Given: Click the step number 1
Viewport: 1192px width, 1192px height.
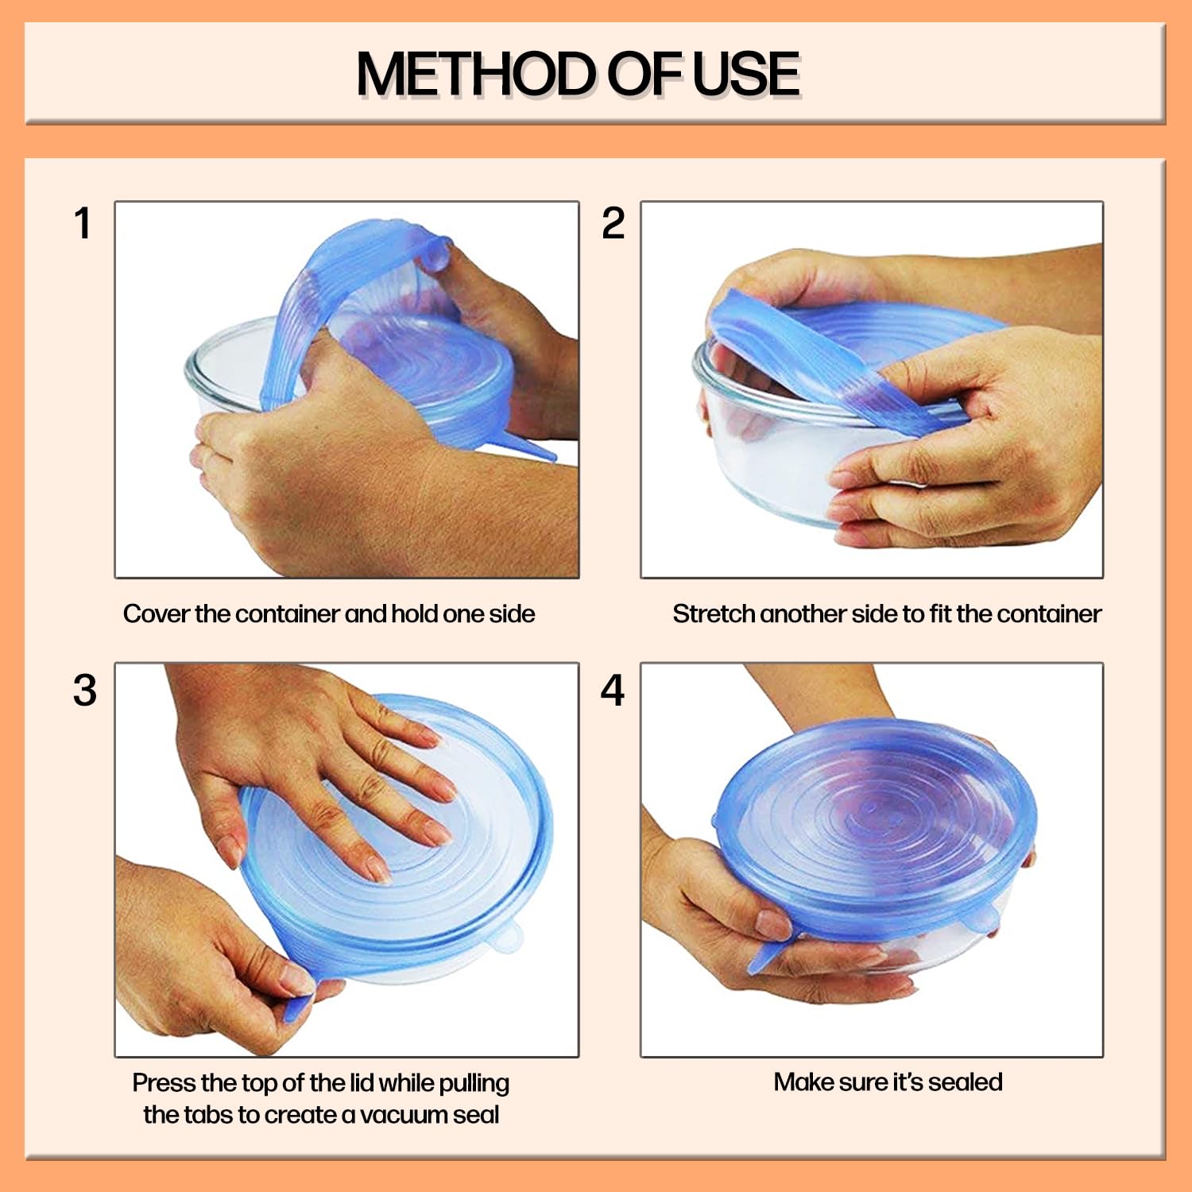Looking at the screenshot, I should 83,223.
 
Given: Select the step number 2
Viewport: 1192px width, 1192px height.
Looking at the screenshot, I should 613,223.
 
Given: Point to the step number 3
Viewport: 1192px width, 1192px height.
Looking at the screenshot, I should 84,690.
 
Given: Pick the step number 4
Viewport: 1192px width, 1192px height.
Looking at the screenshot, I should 612,690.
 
